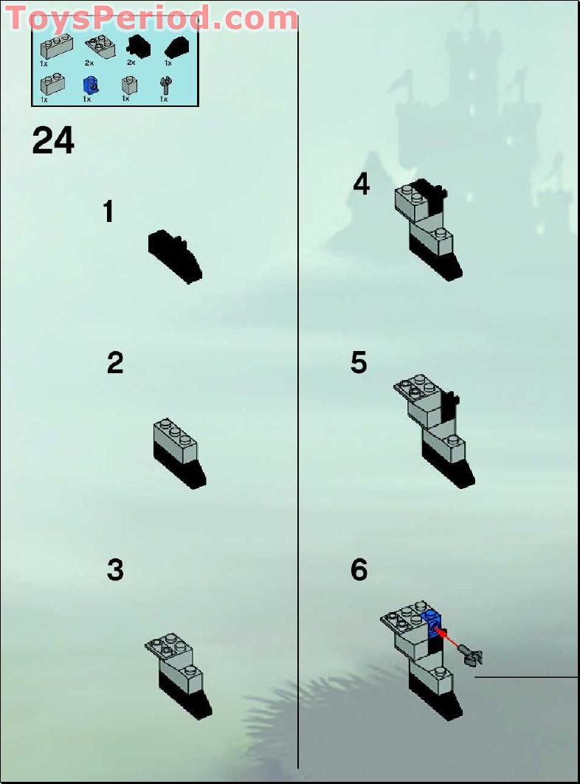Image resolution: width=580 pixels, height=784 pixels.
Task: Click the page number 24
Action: click(x=53, y=140)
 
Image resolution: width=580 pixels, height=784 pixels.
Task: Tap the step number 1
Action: click(x=108, y=212)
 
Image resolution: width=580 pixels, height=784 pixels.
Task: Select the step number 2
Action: click(x=115, y=364)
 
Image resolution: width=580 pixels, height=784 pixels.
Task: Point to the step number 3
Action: click(x=115, y=570)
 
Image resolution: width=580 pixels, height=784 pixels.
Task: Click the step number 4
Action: click(x=361, y=184)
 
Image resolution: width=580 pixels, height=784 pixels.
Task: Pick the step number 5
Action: click(x=359, y=364)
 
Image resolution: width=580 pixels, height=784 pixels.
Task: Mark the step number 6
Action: click(x=359, y=570)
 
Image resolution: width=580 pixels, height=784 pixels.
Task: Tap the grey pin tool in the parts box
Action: click(x=164, y=87)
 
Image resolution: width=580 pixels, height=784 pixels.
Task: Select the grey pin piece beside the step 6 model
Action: click(x=470, y=652)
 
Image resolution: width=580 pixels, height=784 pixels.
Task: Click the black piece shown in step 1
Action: click(x=176, y=255)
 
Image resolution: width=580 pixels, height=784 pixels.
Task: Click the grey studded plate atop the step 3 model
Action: click(x=170, y=647)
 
